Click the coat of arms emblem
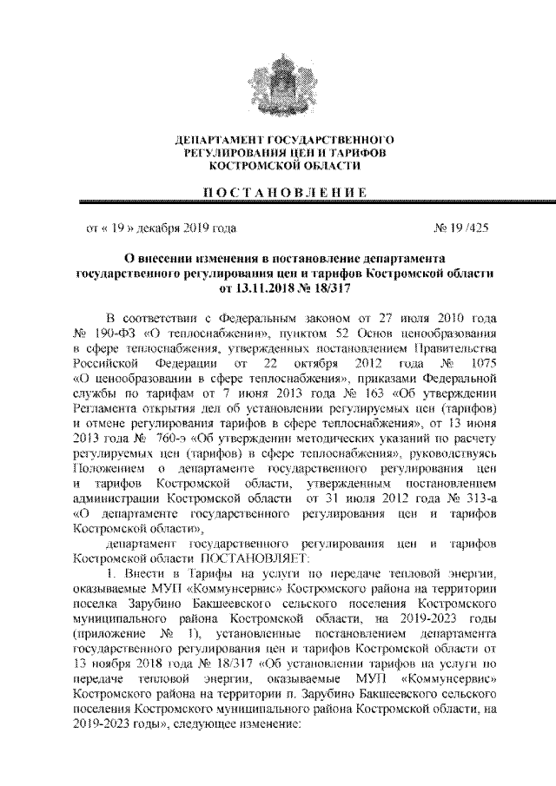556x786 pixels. pos(277,83)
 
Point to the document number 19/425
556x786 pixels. pos(468,230)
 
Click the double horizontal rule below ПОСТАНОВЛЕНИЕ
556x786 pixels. pos(277,205)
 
